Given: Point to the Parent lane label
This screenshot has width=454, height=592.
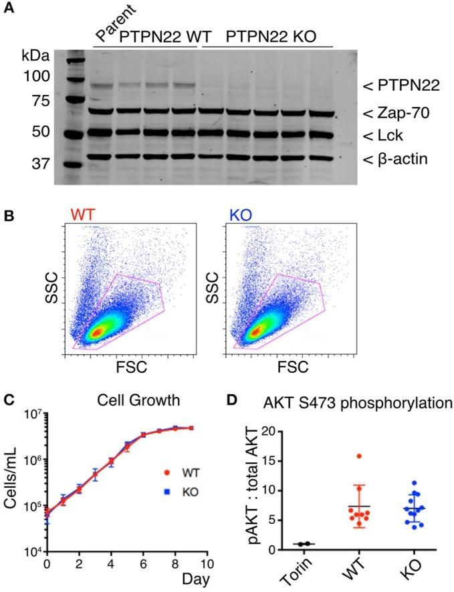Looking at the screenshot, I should click(116, 22).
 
